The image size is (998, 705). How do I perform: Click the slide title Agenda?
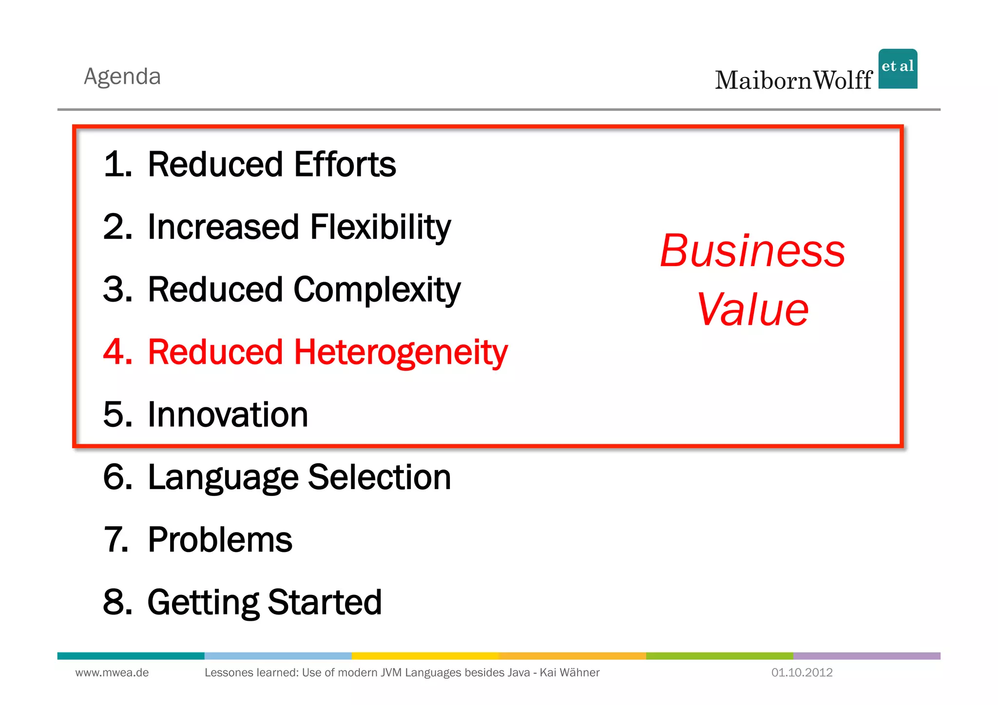(x=122, y=76)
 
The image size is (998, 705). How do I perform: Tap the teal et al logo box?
(x=898, y=69)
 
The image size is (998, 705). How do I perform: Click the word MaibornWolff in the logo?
(x=793, y=80)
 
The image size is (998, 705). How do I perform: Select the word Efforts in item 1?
(x=345, y=164)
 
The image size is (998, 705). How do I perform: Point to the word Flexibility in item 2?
(x=380, y=227)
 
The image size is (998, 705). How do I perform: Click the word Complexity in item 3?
(x=377, y=290)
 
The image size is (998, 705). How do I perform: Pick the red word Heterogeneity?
(x=401, y=352)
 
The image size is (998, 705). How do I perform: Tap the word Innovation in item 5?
(x=228, y=415)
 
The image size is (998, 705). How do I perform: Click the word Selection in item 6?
(x=379, y=477)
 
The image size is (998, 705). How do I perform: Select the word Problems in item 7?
(x=220, y=540)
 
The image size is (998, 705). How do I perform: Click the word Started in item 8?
(x=325, y=602)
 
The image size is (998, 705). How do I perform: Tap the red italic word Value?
(x=752, y=310)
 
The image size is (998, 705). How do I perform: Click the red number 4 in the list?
(x=117, y=352)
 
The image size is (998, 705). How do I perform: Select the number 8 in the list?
(x=117, y=602)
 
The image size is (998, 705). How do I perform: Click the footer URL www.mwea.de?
(x=112, y=673)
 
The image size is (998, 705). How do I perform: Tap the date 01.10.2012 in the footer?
(x=802, y=673)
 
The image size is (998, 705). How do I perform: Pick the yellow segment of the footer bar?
(x=425, y=656)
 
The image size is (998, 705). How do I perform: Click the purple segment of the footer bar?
(x=866, y=656)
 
